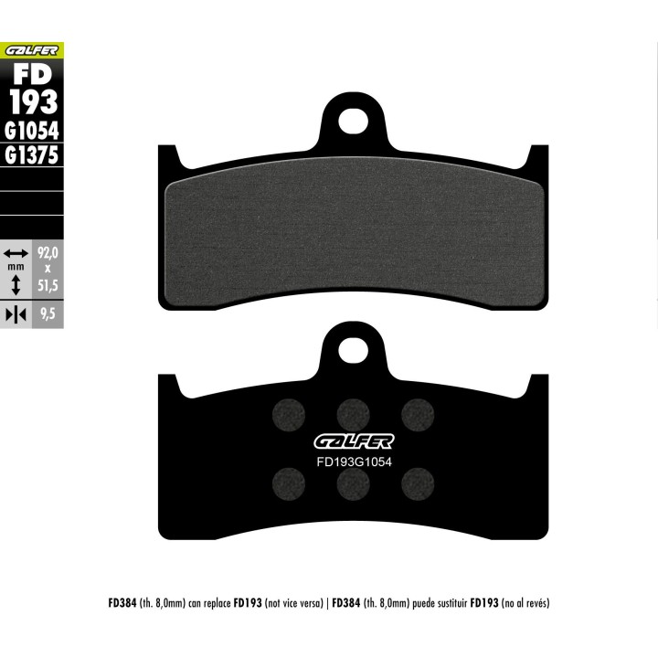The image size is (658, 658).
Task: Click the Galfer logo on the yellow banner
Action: tap(31, 51)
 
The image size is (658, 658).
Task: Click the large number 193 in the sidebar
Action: tap(34, 101)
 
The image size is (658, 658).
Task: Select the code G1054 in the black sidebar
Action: tap(32, 131)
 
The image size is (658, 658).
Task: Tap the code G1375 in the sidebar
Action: tap(32, 155)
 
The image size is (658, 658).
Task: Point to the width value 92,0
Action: tap(48, 253)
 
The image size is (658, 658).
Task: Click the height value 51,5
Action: tap(48, 285)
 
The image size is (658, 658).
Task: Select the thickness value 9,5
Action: tap(48, 313)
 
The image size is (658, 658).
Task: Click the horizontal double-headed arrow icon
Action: tap(16, 253)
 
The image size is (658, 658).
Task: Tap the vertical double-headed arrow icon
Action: tap(16, 285)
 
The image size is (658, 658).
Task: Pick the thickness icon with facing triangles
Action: tap(16, 314)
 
